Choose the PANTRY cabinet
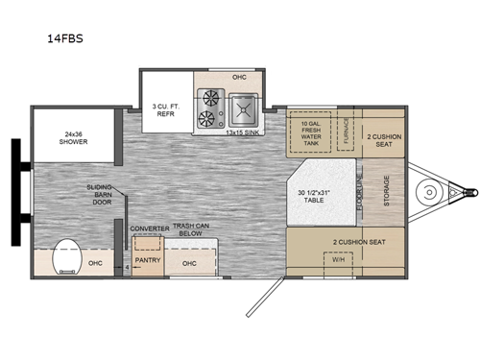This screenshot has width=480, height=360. tap(147, 259)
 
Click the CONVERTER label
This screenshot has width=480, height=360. tap(149, 228)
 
